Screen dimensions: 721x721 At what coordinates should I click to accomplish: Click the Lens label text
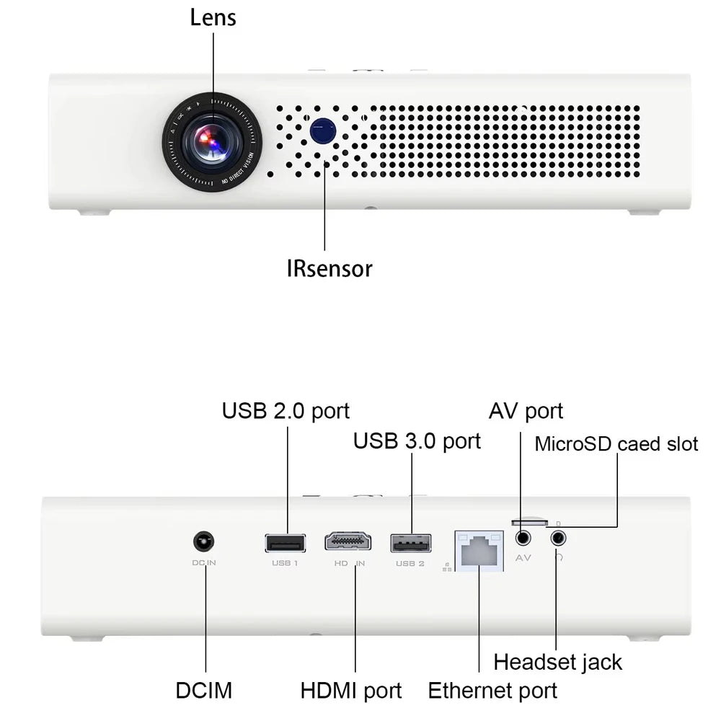coord(213,17)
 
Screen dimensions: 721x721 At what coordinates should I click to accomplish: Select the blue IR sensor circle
coord(323,130)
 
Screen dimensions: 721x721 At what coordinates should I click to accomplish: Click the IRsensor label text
coord(329,269)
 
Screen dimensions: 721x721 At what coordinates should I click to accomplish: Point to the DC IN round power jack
coord(205,542)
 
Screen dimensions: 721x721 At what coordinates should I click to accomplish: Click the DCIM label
coord(204,690)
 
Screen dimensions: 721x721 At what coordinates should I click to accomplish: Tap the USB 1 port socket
coord(285,542)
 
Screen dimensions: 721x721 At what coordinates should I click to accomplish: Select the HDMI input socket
coord(348,542)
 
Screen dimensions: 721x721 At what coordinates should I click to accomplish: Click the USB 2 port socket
coord(411,542)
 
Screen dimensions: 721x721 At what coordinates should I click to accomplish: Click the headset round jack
coord(558,538)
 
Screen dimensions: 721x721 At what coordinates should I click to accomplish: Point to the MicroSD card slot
coord(528,521)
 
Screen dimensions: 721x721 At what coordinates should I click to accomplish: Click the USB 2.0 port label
coord(286,411)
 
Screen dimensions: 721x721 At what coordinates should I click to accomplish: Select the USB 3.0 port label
coord(417,441)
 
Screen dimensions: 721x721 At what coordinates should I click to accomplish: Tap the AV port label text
coord(526,411)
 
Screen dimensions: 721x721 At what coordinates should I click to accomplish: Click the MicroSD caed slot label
coord(616,443)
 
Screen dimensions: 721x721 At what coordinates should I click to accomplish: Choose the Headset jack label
coord(557,661)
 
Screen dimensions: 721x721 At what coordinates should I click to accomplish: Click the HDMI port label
coord(351,690)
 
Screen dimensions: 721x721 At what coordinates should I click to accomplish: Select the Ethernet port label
coord(492,690)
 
